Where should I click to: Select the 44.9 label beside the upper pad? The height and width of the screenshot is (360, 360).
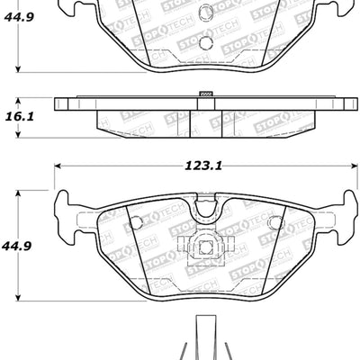click(x=20, y=14)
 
